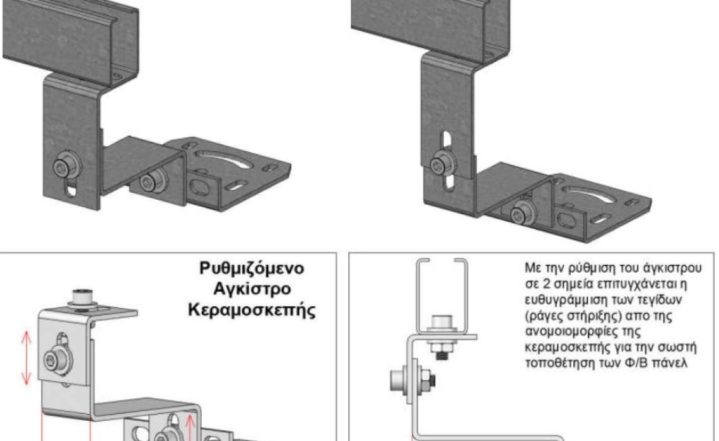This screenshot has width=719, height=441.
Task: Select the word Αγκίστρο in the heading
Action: click(x=252, y=289)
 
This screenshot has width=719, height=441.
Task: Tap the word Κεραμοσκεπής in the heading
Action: click(x=252, y=310)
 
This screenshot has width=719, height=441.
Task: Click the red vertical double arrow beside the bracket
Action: click(x=26, y=358)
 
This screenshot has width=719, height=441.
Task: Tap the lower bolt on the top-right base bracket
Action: click(x=520, y=214)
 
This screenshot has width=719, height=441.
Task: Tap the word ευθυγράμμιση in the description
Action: click(x=565, y=301)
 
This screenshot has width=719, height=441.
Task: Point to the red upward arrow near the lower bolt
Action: click(x=189, y=426)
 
